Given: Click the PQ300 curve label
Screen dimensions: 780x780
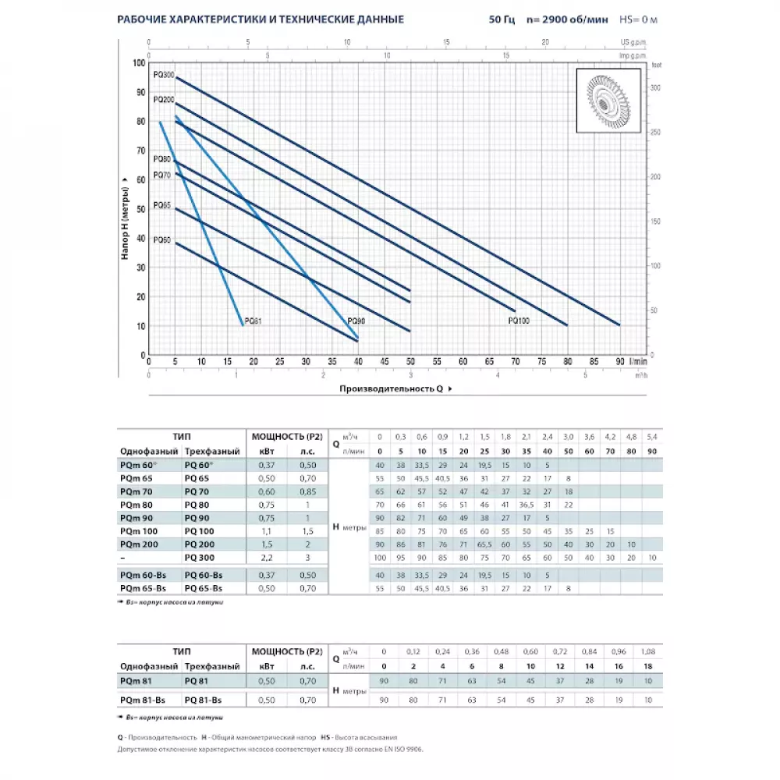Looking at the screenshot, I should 164,74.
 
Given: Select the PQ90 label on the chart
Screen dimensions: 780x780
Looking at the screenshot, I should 356,321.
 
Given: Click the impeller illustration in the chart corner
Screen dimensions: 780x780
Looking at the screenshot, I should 608,102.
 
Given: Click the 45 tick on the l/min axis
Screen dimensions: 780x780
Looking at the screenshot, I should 384,362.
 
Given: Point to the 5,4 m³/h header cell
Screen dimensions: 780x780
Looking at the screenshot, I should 652,436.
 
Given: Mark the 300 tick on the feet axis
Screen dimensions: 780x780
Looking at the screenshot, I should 655,89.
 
